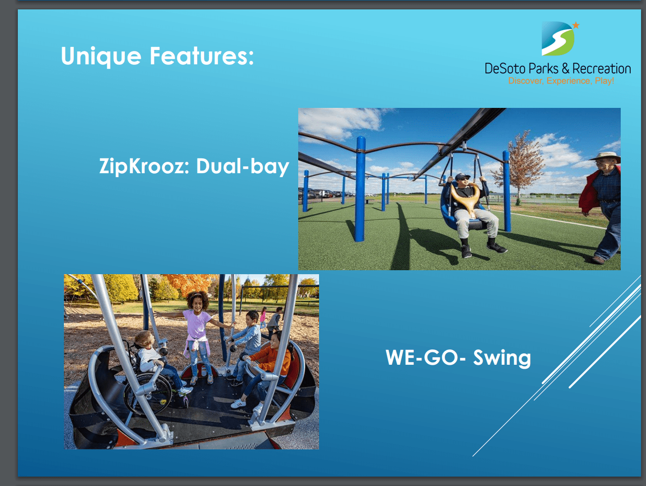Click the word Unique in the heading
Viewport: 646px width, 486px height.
pyautogui.click(x=101, y=56)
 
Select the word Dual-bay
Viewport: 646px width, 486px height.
pyautogui.click(x=243, y=166)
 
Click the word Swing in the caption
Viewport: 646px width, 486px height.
pyautogui.click(x=502, y=358)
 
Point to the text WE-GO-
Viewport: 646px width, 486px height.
pyautogui.click(x=426, y=357)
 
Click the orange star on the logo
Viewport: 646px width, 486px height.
pyautogui.click(x=576, y=25)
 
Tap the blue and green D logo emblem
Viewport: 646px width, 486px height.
pyautogui.click(x=558, y=39)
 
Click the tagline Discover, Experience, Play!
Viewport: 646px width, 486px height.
pyautogui.click(x=561, y=81)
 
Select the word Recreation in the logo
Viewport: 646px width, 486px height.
pyautogui.click(x=601, y=68)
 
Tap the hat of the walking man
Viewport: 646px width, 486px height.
pyautogui.click(x=605, y=156)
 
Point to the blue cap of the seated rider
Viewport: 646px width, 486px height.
pyautogui.click(x=462, y=176)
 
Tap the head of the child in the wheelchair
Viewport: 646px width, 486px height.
pyautogui.click(x=144, y=340)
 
